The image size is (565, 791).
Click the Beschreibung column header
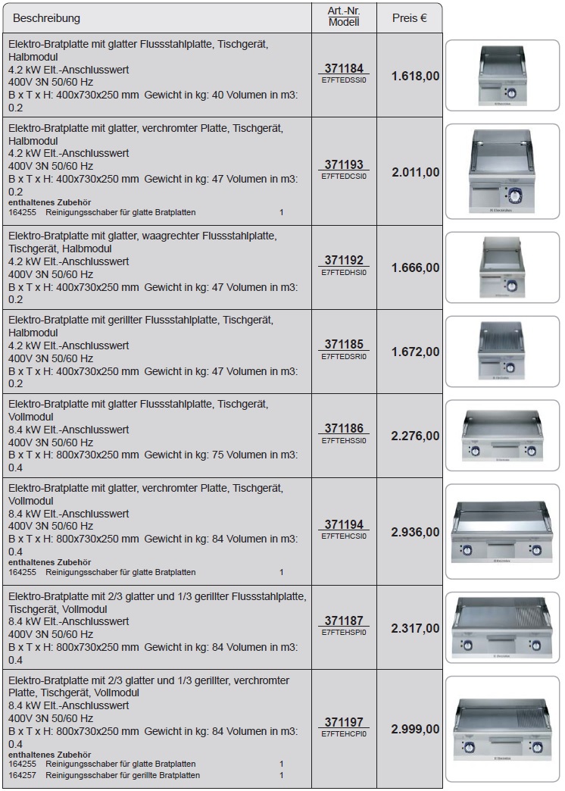46,18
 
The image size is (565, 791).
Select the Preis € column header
409,18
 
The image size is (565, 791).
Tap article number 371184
344,68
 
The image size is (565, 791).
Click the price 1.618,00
415,76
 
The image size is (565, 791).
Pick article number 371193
344,164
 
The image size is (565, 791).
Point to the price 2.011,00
415,172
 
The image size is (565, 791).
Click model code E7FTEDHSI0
344,272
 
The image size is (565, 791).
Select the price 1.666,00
415,267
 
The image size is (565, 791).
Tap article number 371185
344,345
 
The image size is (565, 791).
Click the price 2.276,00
415,436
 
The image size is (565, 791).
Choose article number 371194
344,524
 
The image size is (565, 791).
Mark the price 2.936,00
415,532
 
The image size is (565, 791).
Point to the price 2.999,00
415,729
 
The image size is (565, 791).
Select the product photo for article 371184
502,74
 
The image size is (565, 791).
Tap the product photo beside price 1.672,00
502,352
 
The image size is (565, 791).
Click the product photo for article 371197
502,729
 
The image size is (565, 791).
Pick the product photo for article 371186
502,436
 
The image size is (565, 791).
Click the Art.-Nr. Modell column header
344,17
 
